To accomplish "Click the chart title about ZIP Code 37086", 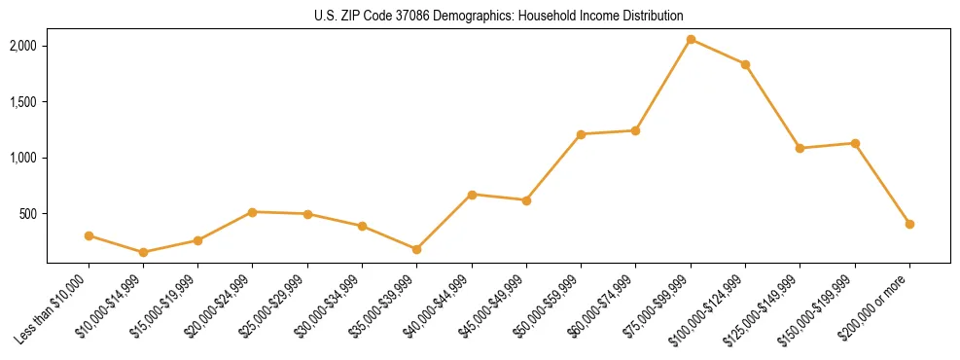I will tap(498, 17).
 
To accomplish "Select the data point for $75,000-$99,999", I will tap(691, 39).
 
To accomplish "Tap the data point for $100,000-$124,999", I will tap(745, 64).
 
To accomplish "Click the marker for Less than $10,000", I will tap(89, 235).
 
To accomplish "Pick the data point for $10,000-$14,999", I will tap(143, 252).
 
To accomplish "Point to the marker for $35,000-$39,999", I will tap(416, 249).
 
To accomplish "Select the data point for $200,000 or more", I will tap(909, 224).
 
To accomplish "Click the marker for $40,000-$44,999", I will tap(472, 195).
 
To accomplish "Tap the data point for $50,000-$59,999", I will tap(581, 134).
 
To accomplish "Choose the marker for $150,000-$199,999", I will tap(855, 143).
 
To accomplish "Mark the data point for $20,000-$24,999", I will tap(253, 211).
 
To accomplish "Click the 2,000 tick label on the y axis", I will tap(23, 46).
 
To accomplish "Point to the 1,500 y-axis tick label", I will tap(23, 102).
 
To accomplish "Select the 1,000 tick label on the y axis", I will tap(23, 158).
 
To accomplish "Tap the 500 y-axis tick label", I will tap(28, 214).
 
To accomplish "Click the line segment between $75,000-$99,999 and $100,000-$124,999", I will tap(718, 52).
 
